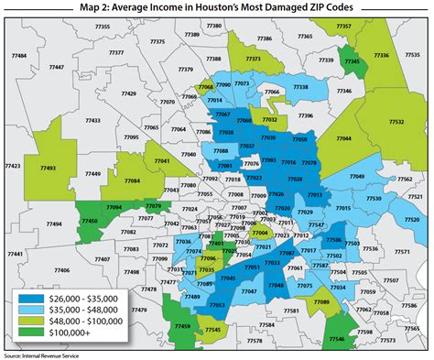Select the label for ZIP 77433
pos(92,121)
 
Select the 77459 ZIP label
pos(182,326)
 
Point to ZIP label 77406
pos(61,270)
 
